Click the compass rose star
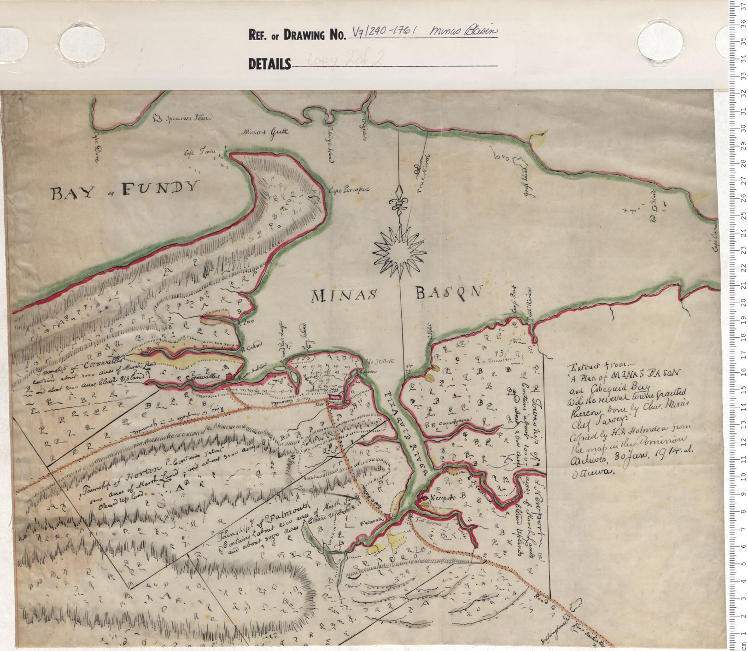[398, 252]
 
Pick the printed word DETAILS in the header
[269, 64]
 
